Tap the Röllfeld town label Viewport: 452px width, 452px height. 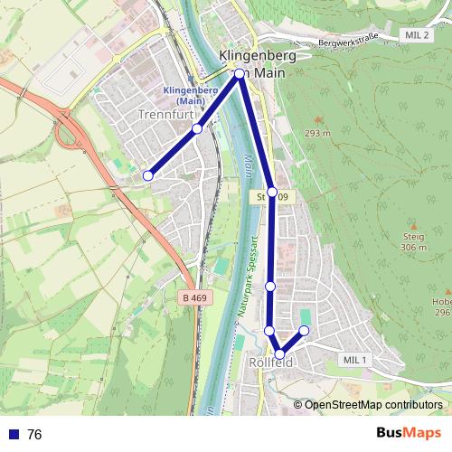click(x=268, y=363)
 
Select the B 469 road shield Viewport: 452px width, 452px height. click(x=193, y=296)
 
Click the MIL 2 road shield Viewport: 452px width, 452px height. click(x=417, y=34)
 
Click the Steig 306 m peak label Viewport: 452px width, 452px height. click(x=413, y=240)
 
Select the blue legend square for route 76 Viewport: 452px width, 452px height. click(x=12, y=435)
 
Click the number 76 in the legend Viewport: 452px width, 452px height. click(x=34, y=435)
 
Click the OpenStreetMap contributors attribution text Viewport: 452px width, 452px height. click(x=372, y=405)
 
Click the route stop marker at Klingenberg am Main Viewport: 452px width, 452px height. click(x=240, y=74)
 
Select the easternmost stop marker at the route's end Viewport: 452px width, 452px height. click(x=304, y=331)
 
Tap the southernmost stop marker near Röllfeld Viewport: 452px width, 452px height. click(x=280, y=354)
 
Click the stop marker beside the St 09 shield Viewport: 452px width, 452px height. click(x=272, y=192)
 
